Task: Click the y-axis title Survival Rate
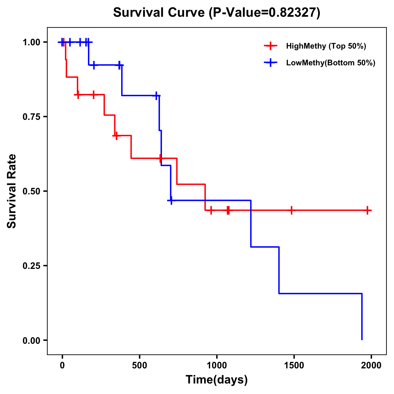[12, 191]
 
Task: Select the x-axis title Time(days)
[217, 380]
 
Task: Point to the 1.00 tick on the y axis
[32, 42]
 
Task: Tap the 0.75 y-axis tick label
[32, 117]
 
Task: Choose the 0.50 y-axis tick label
[32, 191]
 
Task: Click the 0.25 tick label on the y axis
[32, 266]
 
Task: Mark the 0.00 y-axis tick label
[32, 340]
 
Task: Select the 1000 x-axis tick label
[217, 366]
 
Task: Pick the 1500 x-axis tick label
[294, 366]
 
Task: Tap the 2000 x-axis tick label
[371, 366]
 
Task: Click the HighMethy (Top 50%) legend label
[326, 46]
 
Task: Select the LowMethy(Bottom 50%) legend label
[331, 63]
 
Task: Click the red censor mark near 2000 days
[367, 210]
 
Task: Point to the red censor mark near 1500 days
[291, 210]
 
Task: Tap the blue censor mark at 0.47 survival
[171, 200]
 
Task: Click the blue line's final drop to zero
[362, 317]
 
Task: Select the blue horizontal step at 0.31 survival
[265, 247]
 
